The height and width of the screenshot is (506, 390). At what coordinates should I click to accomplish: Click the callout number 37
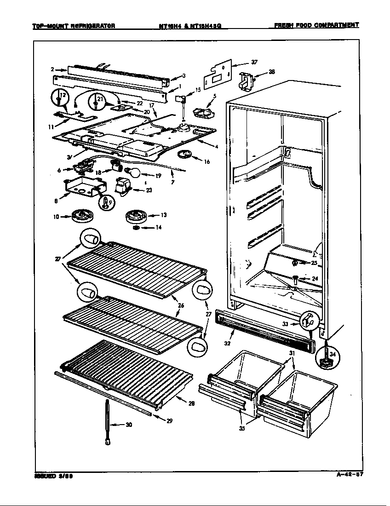point(254,63)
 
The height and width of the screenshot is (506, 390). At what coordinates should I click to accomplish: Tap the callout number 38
point(272,72)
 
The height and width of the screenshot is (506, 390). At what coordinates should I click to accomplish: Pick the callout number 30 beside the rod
point(129,425)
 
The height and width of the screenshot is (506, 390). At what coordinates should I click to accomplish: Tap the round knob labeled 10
point(83,216)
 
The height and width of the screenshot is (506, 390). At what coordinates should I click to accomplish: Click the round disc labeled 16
point(185,154)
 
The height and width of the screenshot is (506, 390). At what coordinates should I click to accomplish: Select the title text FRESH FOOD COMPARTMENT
point(316,25)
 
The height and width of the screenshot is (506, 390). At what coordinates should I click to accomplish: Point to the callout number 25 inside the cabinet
point(314,263)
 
